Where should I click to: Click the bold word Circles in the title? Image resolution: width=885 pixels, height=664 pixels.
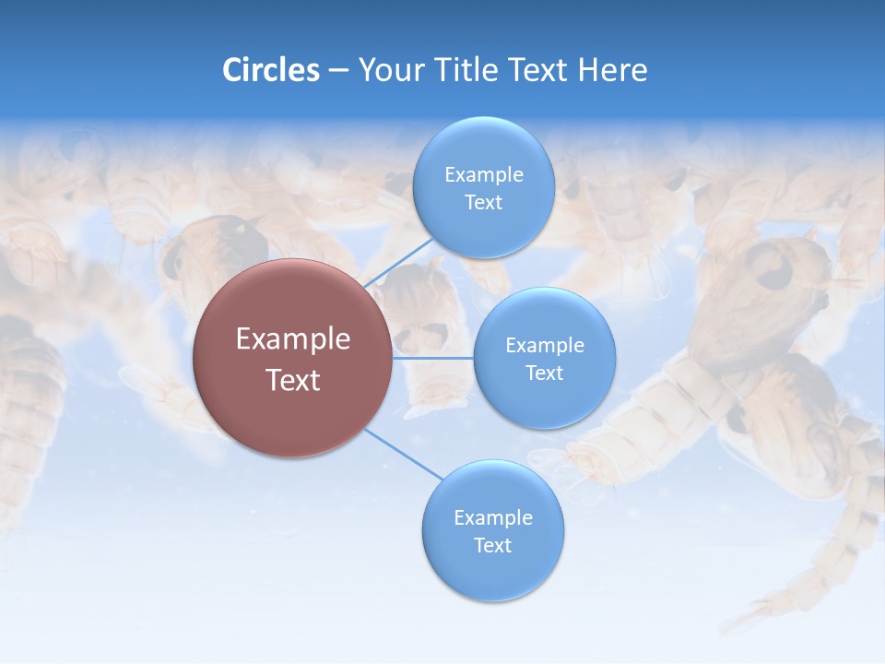[x=270, y=70]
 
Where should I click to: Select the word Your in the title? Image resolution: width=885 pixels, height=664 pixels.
[x=387, y=70]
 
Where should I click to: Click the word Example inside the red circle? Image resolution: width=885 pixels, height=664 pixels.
[x=293, y=339]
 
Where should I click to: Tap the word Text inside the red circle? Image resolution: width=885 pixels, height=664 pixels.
[x=293, y=380]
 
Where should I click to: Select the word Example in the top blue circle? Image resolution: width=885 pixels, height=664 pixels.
[x=483, y=175]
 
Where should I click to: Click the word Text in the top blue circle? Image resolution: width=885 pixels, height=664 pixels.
[x=483, y=203]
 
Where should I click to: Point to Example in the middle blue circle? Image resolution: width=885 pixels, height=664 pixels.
[x=544, y=346]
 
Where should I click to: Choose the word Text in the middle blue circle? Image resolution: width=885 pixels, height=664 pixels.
[x=544, y=373]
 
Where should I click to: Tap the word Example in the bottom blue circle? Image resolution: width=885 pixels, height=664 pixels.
[x=492, y=518]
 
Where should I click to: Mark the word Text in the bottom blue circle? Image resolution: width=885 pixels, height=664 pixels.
[x=492, y=545]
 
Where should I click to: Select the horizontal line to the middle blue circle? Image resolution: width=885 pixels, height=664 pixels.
[x=433, y=358]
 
